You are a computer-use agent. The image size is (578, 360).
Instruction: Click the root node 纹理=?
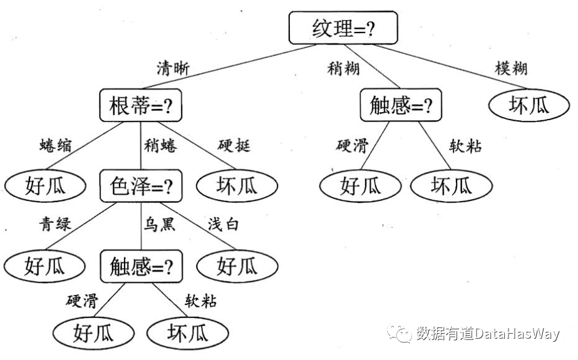(343, 28)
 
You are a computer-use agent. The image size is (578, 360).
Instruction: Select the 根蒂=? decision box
(140, 105)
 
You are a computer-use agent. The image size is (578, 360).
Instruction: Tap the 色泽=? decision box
(141, 186)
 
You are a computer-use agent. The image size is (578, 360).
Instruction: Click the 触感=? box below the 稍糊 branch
(401, 105)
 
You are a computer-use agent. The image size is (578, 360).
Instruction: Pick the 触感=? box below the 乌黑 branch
(141, 266)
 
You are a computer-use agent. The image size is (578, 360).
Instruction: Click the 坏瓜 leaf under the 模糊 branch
(529, 105)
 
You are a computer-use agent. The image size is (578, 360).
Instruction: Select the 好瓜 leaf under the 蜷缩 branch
(45, 185)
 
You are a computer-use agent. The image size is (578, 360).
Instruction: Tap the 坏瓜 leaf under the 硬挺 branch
(237, 185)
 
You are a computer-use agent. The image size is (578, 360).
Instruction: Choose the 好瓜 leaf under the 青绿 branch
(44, 265)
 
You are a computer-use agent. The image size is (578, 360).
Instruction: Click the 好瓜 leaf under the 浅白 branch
(237, 265)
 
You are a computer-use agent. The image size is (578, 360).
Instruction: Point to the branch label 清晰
(173, 68)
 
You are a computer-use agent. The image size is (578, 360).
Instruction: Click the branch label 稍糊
(343, 68)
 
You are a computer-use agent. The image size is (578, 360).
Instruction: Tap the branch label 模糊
(511, 68)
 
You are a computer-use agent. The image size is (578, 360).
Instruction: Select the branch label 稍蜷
(160, 145)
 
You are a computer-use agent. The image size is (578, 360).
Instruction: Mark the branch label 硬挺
(234, 145)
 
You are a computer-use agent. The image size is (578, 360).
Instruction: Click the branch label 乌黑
(159, 224)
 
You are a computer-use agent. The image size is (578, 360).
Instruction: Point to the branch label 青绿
(55, 224)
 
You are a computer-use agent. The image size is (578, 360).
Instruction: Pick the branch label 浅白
(224, 224)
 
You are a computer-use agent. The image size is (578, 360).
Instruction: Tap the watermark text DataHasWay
(517, 334)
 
